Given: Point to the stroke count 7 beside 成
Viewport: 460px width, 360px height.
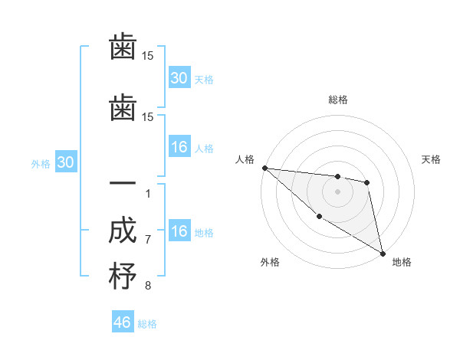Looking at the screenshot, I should coord(148,240).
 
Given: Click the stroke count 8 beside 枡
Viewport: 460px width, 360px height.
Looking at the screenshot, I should coord(148,286).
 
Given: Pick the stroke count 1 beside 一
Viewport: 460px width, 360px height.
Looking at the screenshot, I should coord(148,193).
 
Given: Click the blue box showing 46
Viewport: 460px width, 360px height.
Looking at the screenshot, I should coord(123,322).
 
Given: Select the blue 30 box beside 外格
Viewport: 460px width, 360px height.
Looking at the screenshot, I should coord(65,162).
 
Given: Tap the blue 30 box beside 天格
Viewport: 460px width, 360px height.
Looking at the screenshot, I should coord(179,78).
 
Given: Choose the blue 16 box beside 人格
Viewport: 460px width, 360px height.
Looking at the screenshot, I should coord(179,147).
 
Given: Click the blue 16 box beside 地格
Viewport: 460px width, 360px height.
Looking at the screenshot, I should coord(179,231).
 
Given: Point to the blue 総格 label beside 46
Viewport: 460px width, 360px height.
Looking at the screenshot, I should coord(147,324).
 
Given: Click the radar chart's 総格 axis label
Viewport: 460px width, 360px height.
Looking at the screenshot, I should coord(337,100).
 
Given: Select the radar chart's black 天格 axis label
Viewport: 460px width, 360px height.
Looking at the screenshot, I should coord(431,159).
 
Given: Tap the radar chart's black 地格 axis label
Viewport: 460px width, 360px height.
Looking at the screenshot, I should coord(402,263).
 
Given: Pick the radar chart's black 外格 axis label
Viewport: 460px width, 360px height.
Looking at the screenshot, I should coord(270,263).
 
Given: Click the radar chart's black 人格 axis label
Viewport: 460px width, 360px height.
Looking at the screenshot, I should coord(245,159).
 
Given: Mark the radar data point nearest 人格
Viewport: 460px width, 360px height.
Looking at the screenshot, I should coord(264,168).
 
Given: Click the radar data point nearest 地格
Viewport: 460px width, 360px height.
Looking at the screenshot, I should coord(382,253).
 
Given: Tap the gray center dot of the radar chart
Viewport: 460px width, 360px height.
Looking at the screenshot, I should coord(337,191).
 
